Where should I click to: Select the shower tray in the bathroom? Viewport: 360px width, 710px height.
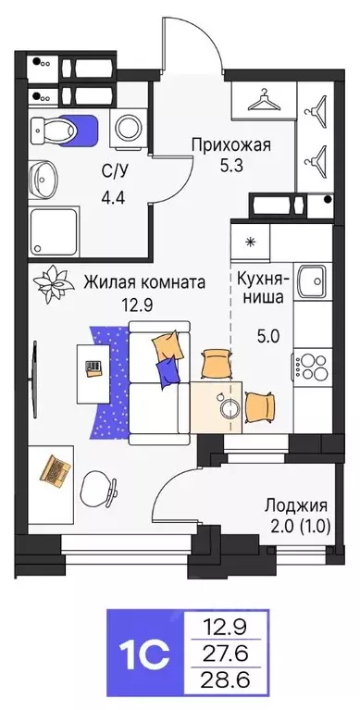[x=52, y=228]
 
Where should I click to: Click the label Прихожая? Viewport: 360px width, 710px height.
[x=230, y=143]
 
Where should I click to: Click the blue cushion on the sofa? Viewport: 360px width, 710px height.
[x=168, y=371]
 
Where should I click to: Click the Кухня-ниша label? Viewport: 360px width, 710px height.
[x=264, y=287]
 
